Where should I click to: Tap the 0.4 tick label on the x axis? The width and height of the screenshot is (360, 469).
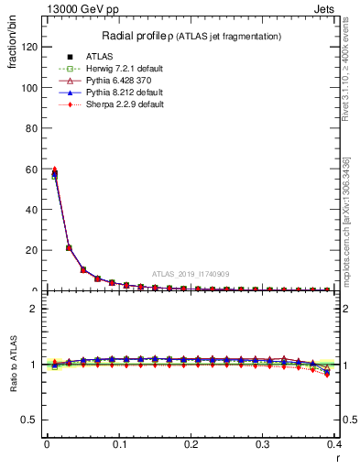[334, 443]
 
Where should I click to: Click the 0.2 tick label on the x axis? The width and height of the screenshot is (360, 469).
[191, 443]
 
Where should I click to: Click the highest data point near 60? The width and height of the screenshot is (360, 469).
[55, 169]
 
